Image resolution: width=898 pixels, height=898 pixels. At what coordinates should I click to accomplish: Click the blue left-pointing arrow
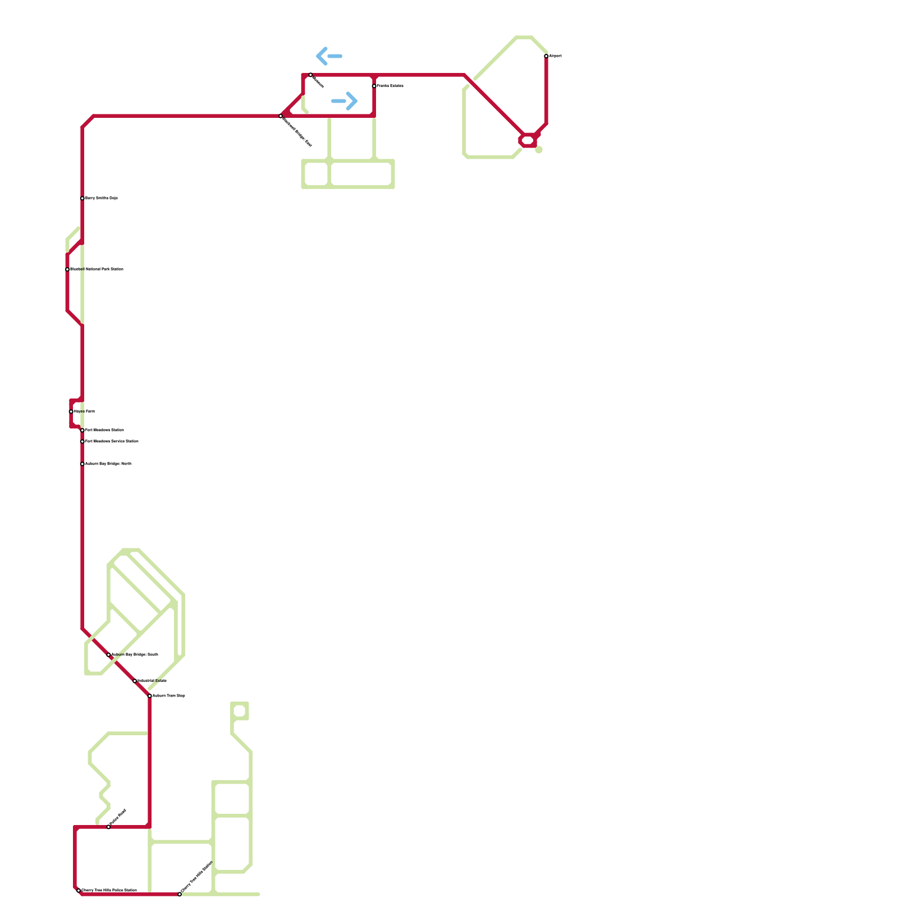[329, 56]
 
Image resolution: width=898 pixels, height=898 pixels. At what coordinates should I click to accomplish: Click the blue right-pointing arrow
[345, 101]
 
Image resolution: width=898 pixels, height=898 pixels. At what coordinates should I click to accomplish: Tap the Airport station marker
[546, 56]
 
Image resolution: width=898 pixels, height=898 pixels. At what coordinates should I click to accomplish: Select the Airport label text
[555, 56]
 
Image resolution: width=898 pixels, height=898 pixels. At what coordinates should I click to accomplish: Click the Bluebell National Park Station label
[97, 269]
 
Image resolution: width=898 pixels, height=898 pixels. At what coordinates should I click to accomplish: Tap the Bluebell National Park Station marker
[67, 269]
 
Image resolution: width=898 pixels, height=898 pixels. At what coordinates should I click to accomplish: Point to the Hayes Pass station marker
[71, 411]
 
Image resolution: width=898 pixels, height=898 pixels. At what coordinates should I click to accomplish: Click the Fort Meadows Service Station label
[112, 442]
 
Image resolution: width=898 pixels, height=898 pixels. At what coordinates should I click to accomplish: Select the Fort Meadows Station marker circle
[83, 430]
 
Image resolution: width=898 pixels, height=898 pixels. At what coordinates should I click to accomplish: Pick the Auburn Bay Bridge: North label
[108, 464]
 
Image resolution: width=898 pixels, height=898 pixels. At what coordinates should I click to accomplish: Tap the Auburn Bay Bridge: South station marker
[108, 655]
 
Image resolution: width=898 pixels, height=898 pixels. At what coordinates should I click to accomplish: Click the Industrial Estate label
[152, 681]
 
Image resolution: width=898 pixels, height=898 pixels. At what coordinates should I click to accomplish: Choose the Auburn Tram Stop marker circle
[150, 696]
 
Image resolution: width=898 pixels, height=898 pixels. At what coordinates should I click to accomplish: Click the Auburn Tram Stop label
[169, 696]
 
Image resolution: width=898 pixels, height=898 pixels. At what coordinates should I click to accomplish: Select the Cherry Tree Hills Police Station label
[109, 891]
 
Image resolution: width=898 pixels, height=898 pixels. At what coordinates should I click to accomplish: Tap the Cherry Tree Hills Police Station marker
[79, 891]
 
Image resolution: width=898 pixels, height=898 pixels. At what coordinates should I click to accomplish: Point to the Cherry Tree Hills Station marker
[180, 894]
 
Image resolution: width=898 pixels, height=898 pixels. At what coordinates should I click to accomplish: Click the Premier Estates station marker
[374, 86]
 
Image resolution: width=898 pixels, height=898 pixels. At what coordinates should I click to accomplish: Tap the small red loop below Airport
[528, 140]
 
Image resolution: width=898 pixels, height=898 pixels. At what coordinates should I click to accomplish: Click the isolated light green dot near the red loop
[539, 150]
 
